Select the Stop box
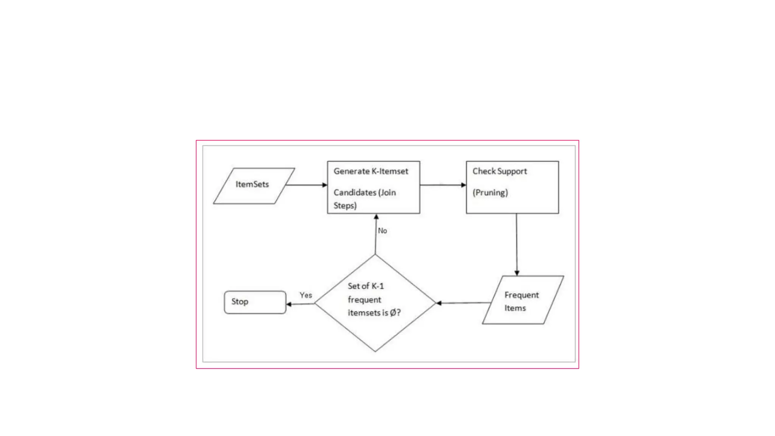pos(255,302)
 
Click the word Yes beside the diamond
pos(306,295)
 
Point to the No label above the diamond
pos(382,231)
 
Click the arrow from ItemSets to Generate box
pos(307,185)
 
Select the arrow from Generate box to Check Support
pos(443,185)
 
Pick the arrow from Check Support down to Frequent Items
pos(517,244)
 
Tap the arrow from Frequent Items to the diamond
pos(464,303)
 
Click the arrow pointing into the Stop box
pos(300,304)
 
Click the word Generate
pos(351,171)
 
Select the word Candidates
pos(355,193)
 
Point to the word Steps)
pos(345,206)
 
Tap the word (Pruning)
pos(490,193)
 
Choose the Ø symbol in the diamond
pos(393,313)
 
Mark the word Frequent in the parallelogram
pos(521,295)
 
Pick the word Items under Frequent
pos(515,308)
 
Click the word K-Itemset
pos(390,171)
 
